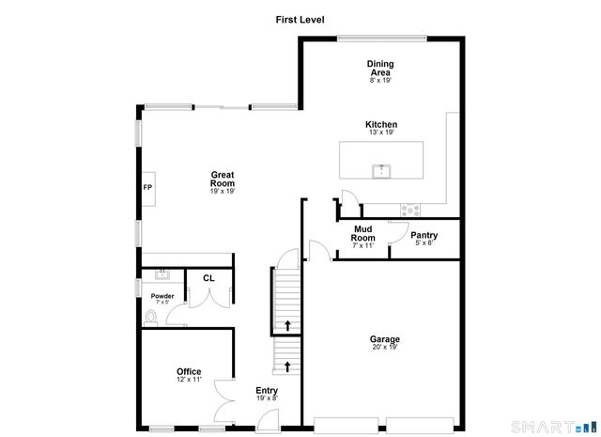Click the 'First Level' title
click(300, 19)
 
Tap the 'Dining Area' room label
click(380, 68)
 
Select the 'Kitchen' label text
click(381, 124)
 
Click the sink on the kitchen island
click(382, 170)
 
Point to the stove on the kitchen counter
click(409, 210)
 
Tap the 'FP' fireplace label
click(147, 187)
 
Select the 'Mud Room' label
click(363, 233)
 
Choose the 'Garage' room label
click(384, 339)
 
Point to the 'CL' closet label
click(208, 278)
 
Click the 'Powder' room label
click(162, 296)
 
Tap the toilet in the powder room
click(152, 318)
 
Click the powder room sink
click(161, 274)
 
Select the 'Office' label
click(189, 371)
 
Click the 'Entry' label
click(267, 391)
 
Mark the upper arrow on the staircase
click(287, 326)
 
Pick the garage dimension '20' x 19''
click(384, 348)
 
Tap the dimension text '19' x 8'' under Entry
click(267, 398)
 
